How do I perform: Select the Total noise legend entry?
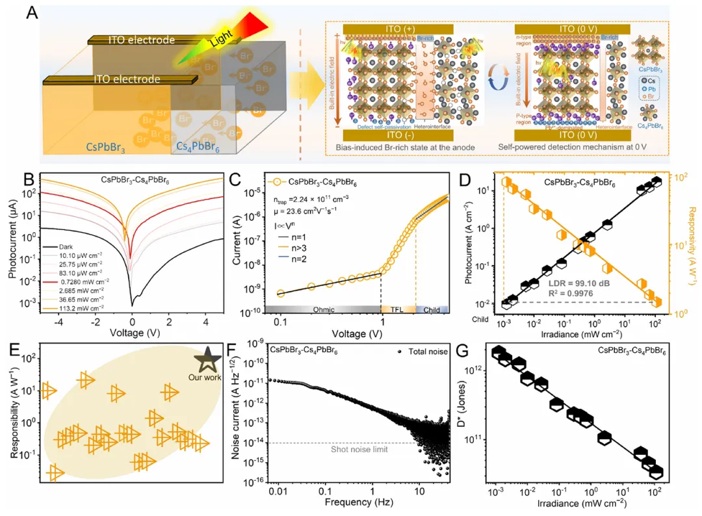click(x=423, y=351)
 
